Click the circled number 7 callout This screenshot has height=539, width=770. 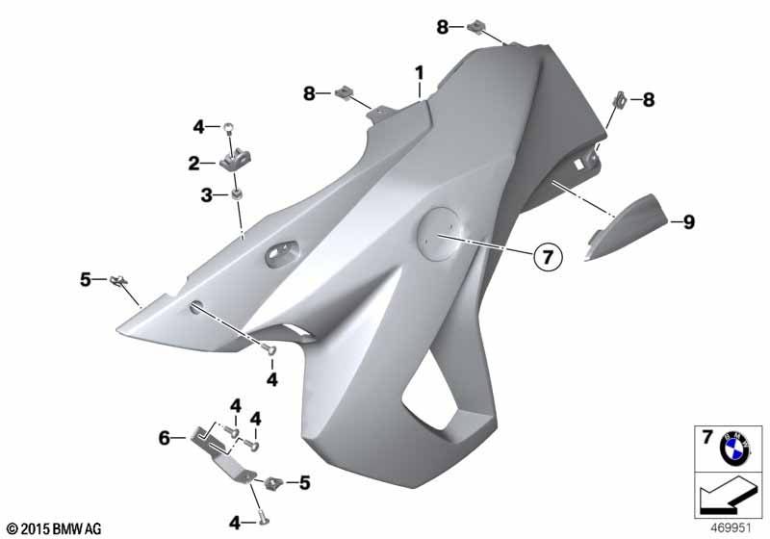pyautogui.click(x=547, y=256)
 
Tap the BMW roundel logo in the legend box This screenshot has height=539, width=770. pyautogui.click(x=734, y=449)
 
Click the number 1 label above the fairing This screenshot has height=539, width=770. pyautogui.click(x=419, y=74)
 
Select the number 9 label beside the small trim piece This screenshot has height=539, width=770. pyautogui.click(x=689, y=222)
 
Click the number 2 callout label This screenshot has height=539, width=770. pyautogui.click(x=194, y=164)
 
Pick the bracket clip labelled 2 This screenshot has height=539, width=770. pyautogui.click(x=236, y=160)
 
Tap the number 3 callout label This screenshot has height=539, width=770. pyautogui.click(x=207, y=195)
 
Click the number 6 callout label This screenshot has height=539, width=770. pyautogui.click(x=164, y=438)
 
